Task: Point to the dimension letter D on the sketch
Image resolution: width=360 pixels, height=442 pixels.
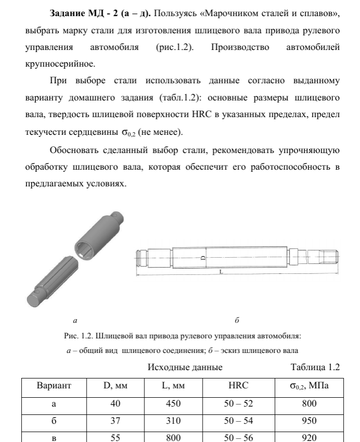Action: point(204,257)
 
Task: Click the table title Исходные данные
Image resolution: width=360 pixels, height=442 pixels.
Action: point(185,368)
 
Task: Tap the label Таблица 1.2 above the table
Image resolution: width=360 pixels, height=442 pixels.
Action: point(315,368)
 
